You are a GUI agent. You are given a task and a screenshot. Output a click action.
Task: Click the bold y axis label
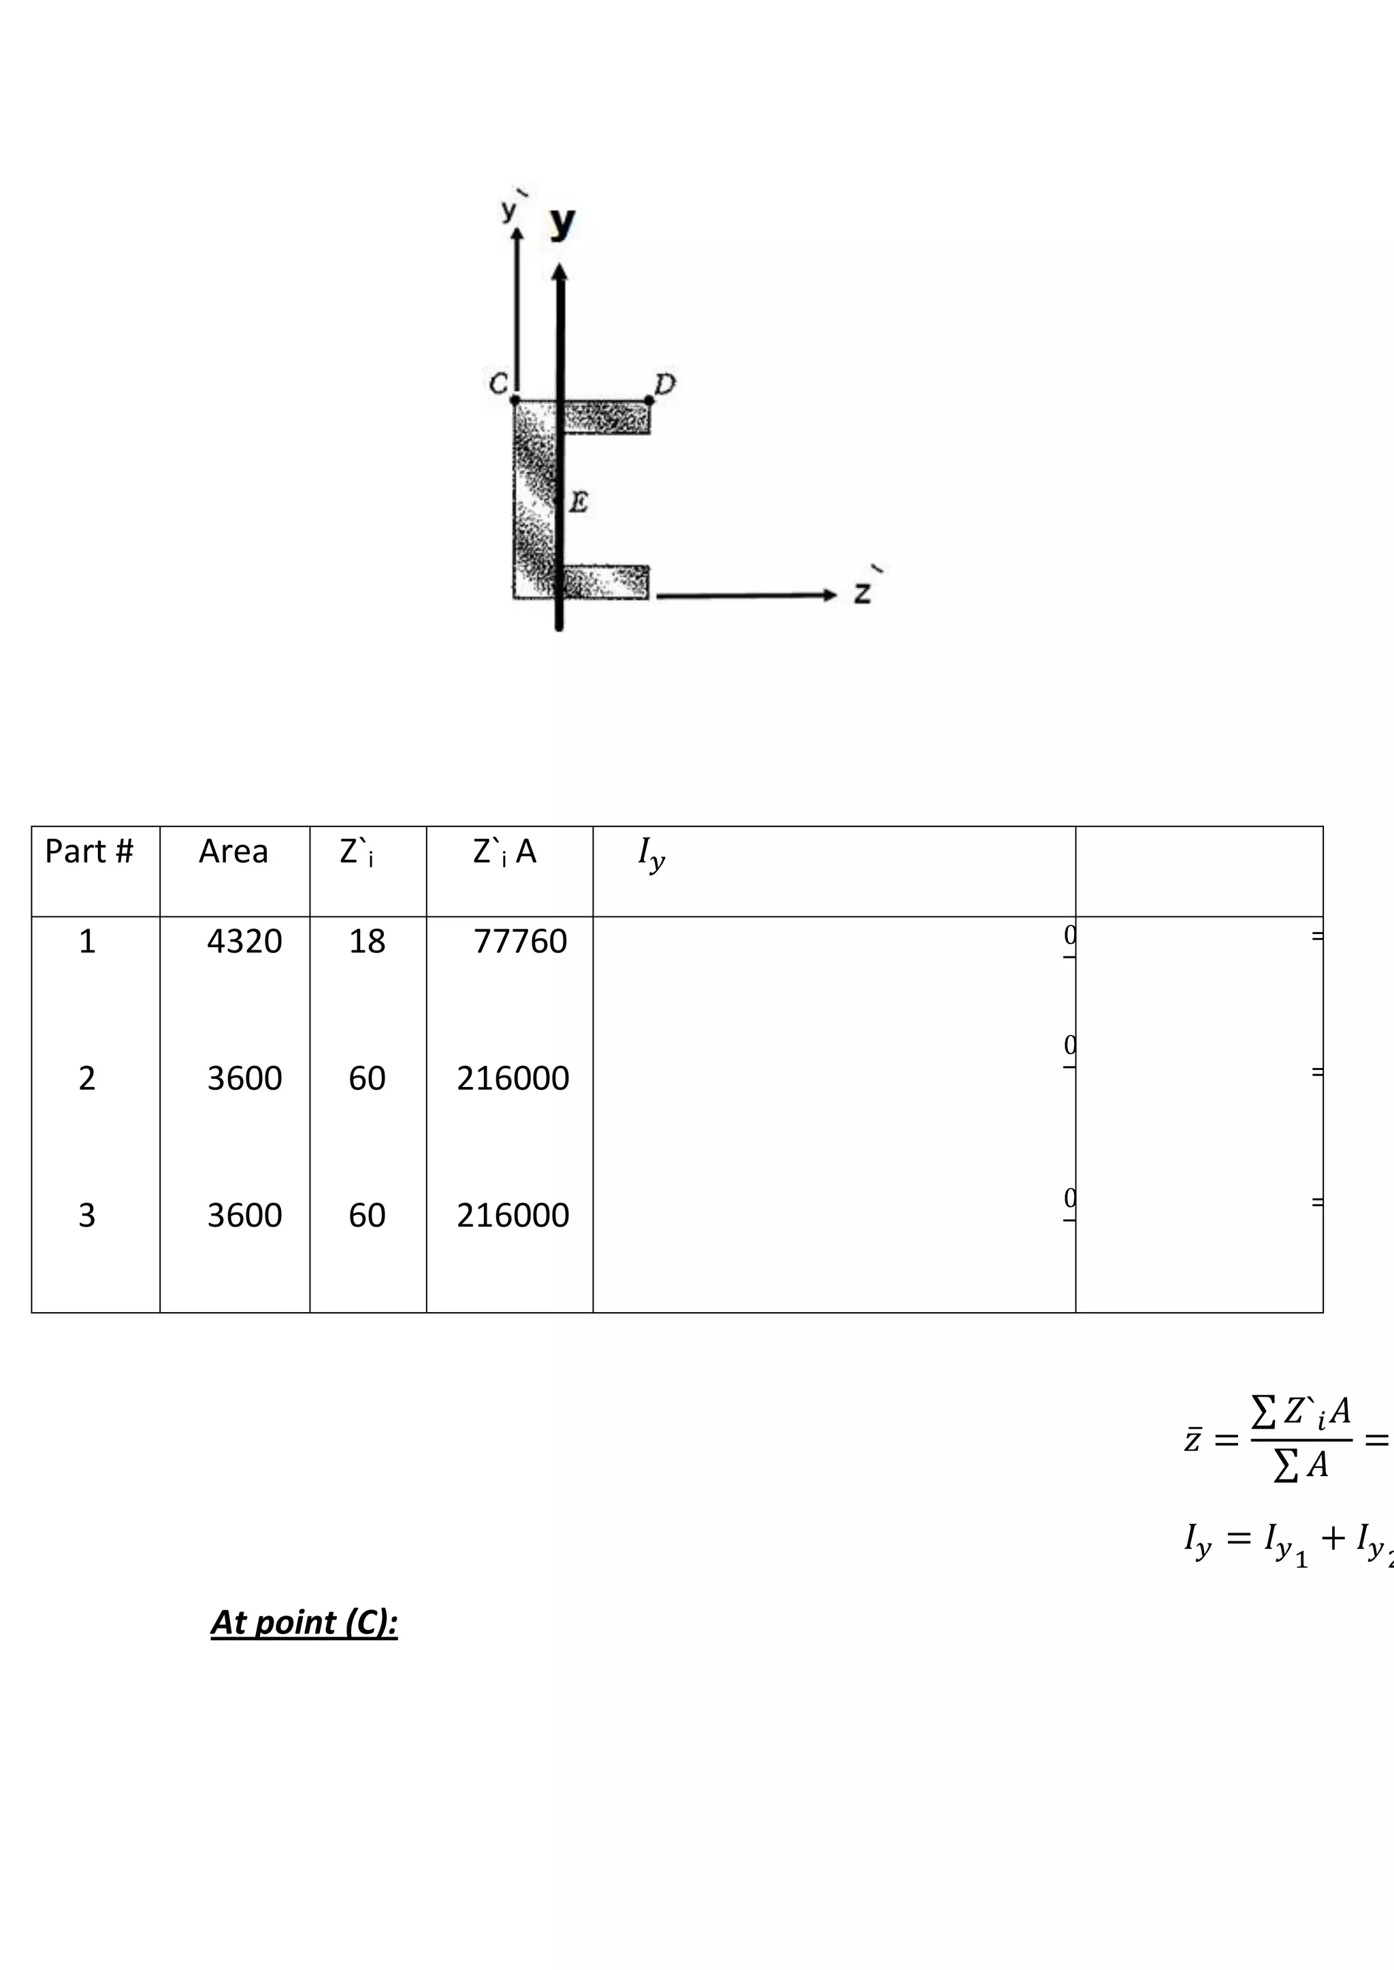pyautogui.click(x=562, y=223)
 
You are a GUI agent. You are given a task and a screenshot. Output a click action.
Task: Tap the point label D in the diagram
pyautogui.click(x=665, y=384)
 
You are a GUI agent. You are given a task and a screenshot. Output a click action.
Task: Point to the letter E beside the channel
pyautogui.click(x=579, y=502)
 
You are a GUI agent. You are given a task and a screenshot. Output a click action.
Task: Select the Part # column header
pyautogui.click(x=89, y=851)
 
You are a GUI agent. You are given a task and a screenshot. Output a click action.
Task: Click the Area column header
pyautogui.click(x=233, y=851)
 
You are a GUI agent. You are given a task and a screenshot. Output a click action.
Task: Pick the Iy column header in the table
pyautogui.click(x=651, y=853)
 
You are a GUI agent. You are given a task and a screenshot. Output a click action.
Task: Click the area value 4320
pyautogui.click(x=244, y=941)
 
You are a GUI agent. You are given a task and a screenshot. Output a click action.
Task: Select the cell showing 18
pyautogui.click(x=366, y=941)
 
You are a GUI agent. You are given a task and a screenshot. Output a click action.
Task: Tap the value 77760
pyautogui.click(x=520, y=941)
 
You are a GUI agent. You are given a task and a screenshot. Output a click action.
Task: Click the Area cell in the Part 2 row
pyautogui.click(x=244, y=1078)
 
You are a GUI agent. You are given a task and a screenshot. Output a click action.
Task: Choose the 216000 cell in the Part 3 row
pyautogui.click(x=513, y=1215)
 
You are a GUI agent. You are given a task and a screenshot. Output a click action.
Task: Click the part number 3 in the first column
pyautogui.click(x=86, y=1215)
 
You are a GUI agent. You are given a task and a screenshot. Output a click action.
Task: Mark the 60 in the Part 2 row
pyautogui.click(x=366, y=1078)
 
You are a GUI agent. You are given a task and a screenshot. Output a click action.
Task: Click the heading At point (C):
pyautogui.click(x=304, y=1622)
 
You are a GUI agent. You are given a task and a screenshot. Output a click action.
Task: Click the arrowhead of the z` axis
pyautogui.click(x=829, y=595)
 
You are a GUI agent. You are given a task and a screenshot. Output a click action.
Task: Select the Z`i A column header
pyautogui.click(x=505, y=851)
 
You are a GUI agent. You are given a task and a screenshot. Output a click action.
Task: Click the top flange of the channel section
pyautogui.click(x=605, y=417)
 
